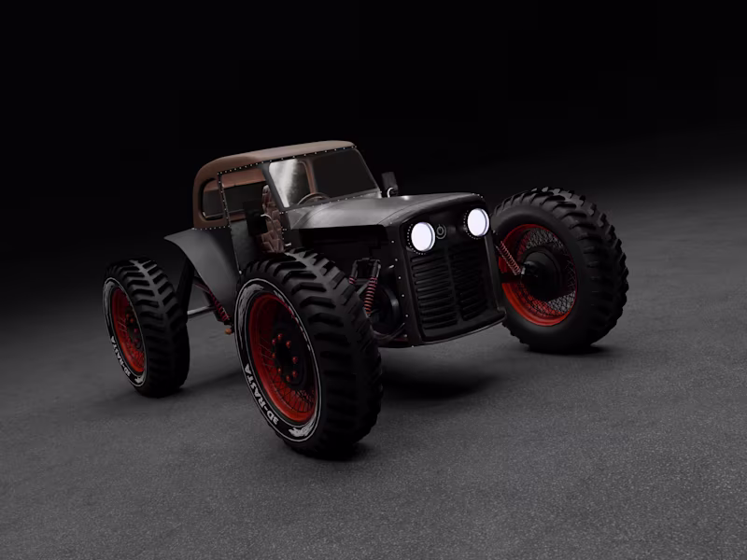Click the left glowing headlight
(422, 236)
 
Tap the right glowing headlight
(477, 222)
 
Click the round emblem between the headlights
(441, 231)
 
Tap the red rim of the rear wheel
(125, 331)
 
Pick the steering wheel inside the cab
(313, 199)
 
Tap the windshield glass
(322, 177)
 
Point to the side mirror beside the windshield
(389, 183)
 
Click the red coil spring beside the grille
(372, 294)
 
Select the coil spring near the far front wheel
(510, 258)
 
